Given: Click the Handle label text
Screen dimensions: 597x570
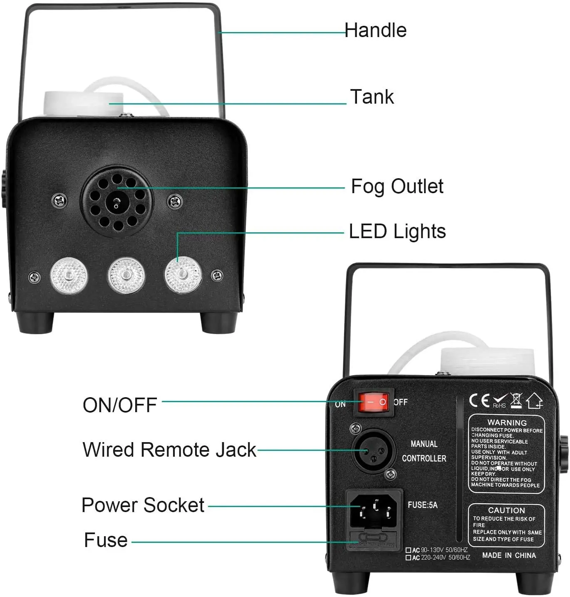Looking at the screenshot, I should (375, 30).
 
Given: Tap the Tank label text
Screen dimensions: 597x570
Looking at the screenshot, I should (372, 97).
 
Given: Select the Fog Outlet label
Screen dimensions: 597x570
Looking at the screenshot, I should (397, 187).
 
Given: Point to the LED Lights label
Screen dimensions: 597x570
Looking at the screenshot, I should (397, 231).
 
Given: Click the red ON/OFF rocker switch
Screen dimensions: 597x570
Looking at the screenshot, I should (373, 402).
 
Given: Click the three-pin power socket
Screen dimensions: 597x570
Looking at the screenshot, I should (374, 510).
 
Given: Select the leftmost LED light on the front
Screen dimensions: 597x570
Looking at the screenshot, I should (69, 276).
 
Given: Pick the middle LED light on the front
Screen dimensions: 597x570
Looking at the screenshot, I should (126, 275).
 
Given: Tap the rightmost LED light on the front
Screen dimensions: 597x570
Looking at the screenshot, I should (183, 275).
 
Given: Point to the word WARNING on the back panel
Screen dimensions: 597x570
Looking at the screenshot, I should (507, 422).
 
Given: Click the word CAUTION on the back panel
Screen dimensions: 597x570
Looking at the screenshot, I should (506, 510).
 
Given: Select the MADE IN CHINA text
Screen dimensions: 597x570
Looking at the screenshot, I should (509, 555).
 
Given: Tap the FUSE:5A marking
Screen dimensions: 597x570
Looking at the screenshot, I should (422, 505).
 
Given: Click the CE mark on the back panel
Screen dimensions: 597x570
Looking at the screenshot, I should (479, 400).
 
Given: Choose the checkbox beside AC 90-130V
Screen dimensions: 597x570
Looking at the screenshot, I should (408, 550).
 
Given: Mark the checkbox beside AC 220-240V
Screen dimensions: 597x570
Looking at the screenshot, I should (408, 557).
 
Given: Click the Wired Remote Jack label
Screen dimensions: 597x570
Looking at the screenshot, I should (169, 450).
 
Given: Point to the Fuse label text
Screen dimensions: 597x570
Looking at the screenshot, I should (106, 540).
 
